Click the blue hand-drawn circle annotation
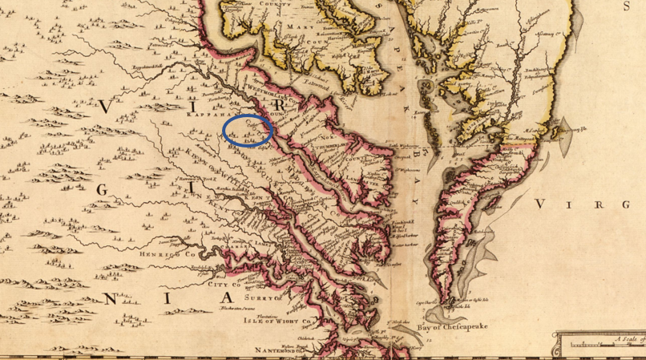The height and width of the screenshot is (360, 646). (248, 130)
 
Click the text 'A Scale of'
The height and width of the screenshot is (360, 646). (625, 340)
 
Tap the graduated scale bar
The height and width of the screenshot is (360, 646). (601, 347)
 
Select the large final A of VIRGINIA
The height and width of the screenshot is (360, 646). (216, 299)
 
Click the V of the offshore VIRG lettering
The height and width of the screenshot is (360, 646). (543, 204)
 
